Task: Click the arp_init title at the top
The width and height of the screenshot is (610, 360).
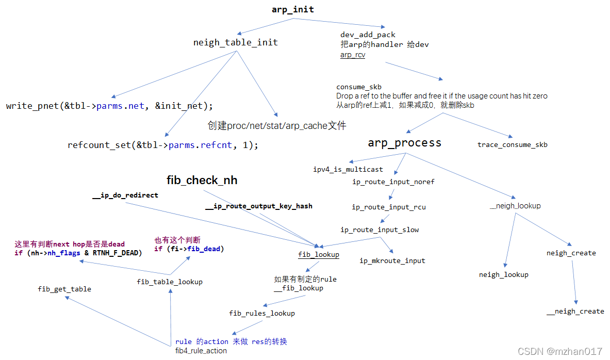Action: pyautogui.click(x=293, y=10)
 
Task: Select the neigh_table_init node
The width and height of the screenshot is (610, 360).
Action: pyautogui.click(x=235, y=42)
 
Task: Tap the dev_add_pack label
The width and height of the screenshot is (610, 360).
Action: pyautogui.click(x=368, y=35)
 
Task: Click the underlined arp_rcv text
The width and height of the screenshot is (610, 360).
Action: pyautogui.click(x=353, y=54)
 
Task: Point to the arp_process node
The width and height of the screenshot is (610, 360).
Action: pyautogui.click(x=404, y=143)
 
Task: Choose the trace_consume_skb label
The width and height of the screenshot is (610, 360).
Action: pyautogui.click(x=512, y=144)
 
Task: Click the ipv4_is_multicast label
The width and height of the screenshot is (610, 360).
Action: pyautogui.click(x=348, y=169)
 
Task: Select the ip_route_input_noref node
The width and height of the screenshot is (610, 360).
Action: pyautogui.click(x=393, y=182)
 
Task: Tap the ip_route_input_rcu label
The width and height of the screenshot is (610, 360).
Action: pyautogui.click(x=389, y=207)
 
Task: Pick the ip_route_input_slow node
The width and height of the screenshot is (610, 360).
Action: pyautogui.click(x=380, y=230)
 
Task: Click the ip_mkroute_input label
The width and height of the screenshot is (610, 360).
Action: pyautogui.click(x=392, y=260)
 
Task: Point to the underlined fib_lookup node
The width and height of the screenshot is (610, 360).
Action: pyautogui.click(x=319, y=254)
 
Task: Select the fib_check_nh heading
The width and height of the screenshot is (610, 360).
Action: pyautogui.click(x=202, y=181)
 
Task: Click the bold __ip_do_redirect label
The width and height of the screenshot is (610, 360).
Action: pyautogui.click(x=125, y=195)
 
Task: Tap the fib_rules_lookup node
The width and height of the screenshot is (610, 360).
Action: pyautogui.click(x=262, y=313)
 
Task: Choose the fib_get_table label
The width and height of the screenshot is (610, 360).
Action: pyautogui.click(x=64, y=289)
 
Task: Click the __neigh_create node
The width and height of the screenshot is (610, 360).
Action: pyautogui.click(x=575, y=311)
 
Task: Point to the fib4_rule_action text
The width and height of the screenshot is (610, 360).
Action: pyautogui.click(x=201, y=351)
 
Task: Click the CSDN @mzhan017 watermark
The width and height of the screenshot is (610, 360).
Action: pyautogui.click(x=559, y=351)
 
